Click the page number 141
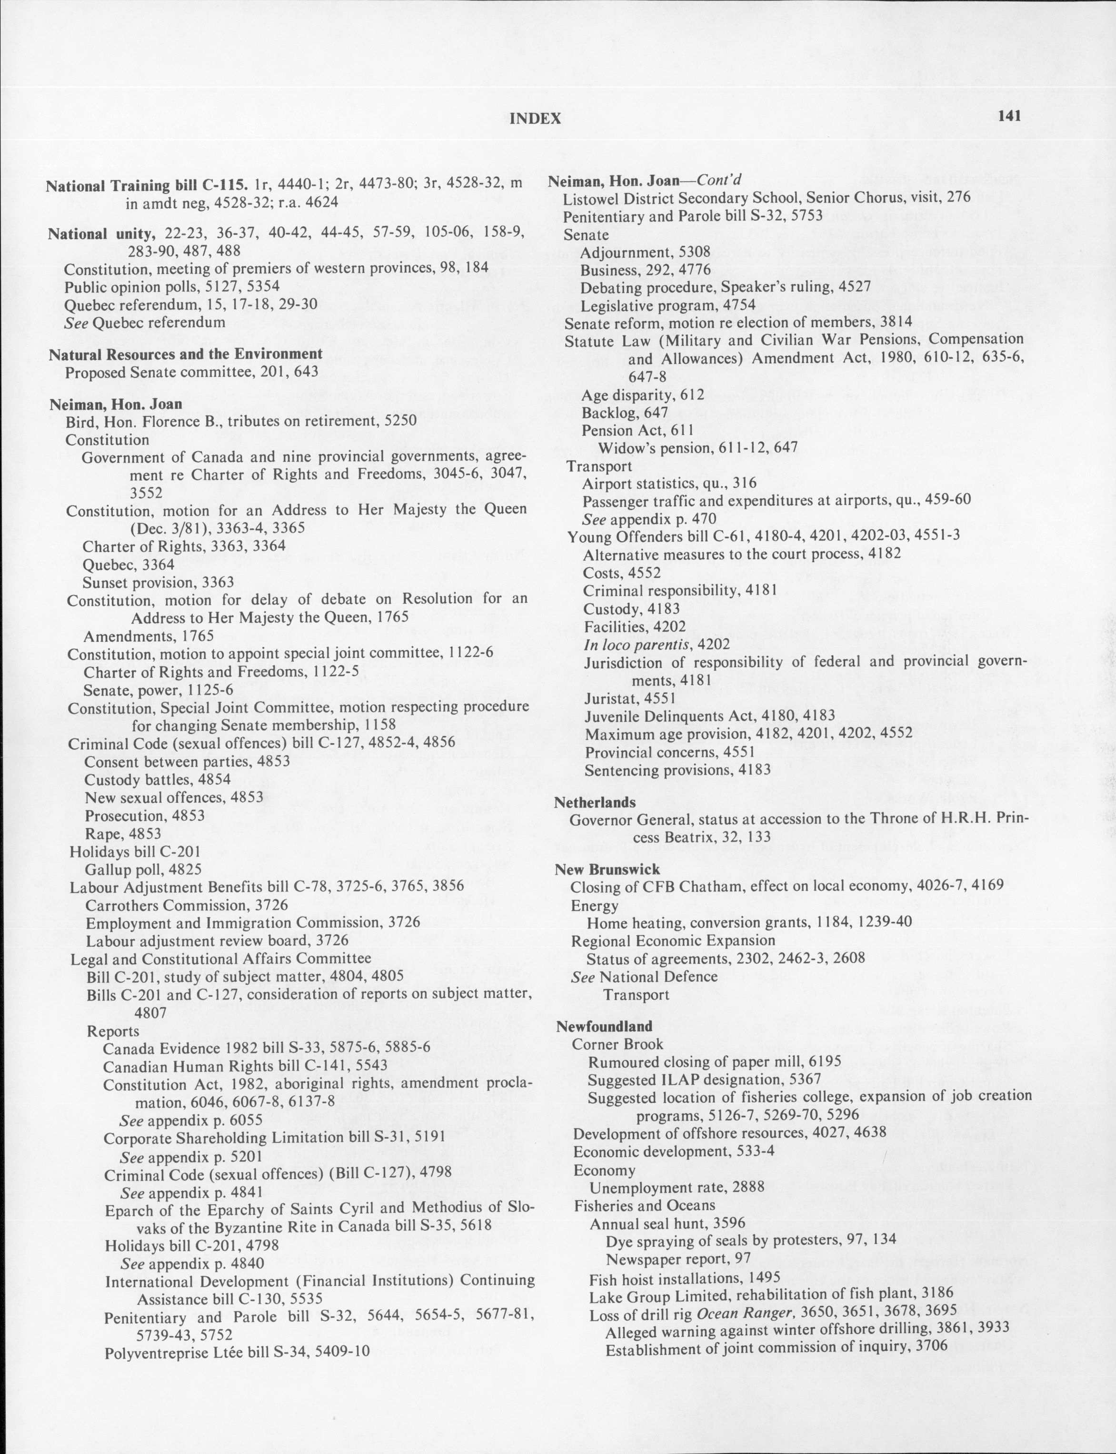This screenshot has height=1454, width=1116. click(x=1008, y=116)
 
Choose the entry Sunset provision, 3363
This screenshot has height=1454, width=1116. click(x=158, y=582)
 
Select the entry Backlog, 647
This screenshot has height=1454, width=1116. click(x=615, y=412)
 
